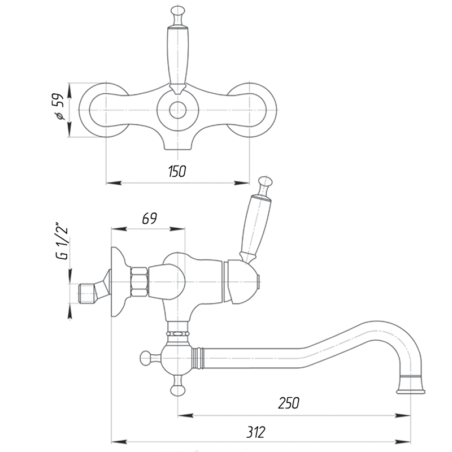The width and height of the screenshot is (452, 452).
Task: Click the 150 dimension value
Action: pyautogui.click(x=177, y=171)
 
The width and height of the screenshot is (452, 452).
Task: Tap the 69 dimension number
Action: pyautogui.click(x=150, y=219)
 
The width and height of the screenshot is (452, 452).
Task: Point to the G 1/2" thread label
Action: pyautogui.click(x=62, y=241)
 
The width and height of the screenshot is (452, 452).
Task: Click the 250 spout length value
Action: pyautogui.click(x=289, y=403)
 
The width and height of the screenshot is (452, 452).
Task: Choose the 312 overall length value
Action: pyautogui.click(x=256, y=432)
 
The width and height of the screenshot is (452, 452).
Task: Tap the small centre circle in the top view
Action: pyautogui.click(x=177, y=110)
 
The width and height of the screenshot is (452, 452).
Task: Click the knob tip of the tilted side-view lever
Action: pyautogui.click(x=266, y=181)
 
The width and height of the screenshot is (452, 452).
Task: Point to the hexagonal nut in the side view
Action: pyautogui.click(x=140, y=282)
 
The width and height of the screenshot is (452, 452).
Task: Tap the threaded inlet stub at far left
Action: pyautogui.click(x=88, y=293)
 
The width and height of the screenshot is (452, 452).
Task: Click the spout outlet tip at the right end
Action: pyautogui.click(x=411, y=392)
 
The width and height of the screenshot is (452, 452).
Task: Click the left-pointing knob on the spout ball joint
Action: pyautogui.click(x=146, y=358)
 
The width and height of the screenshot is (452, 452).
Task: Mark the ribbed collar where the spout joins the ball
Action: pyautogui.click(x=198, y=359)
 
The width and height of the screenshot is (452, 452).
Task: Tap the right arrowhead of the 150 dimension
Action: pyautogui.click(x=242, y=182)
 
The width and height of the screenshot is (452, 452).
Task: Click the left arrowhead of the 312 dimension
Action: pyautogui.click(x=119, y=442)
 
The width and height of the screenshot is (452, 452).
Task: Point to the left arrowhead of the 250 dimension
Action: pyautogui.click(x=185, y=416)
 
